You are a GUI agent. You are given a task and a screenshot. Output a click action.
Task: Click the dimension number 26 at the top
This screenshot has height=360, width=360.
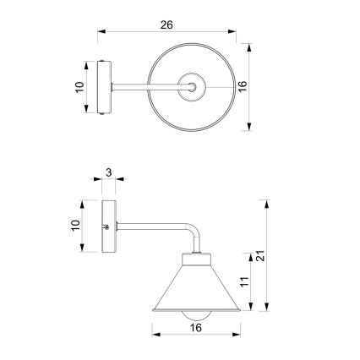pyautogui.click(x=166, y=25)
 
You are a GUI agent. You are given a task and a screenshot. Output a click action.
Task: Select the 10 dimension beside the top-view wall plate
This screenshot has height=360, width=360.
pyautogui.click(x=79, y=87)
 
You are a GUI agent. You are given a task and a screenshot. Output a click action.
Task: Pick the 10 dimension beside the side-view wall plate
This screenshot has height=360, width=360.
pyautogui.click(x=76, y=225)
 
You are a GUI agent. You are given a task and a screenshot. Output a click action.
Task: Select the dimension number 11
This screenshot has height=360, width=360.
pyautogui.click(x=246, y=283)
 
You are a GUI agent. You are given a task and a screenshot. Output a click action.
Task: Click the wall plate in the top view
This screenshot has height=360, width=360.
pyautogui.click(x=104, y=87)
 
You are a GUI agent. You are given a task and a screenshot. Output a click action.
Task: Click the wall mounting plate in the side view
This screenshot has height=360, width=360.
pyautogui.click(x=107, y=226)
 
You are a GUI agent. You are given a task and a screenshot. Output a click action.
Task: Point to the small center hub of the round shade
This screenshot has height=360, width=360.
pyautogui.click(x=195, y=86)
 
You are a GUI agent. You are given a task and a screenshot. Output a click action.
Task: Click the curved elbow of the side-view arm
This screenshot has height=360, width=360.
pyautogui.click(x=191, y=232)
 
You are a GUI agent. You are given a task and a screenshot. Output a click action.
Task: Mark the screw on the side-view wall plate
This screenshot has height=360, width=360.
pyautogui.click(x=106, y=226)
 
